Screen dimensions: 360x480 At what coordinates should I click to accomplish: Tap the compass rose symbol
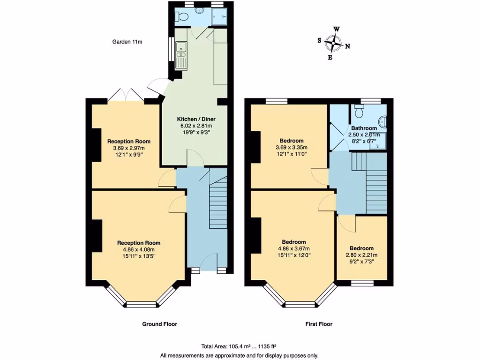pyautogui.click(x=333, y=43)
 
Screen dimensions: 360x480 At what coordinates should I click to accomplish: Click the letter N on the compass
pyautogui.click(x=347, y=46)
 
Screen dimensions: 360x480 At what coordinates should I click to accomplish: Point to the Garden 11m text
pyautogui.click(x=127, y=42)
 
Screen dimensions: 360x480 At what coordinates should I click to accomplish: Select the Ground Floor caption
pyautogui.click(x=159, y=324)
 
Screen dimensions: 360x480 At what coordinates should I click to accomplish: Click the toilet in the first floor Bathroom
pyautogui.click(x=360, y=111)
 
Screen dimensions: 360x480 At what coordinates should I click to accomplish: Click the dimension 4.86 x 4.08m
pyautogui.click(x=139, y=250)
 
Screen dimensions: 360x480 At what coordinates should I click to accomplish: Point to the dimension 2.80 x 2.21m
pyautogui.click(x=361, y=255)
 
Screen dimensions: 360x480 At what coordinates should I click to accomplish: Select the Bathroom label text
pyautogui.click(x=364, y=128)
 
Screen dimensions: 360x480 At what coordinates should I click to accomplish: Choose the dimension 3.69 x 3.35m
pyautogui.click(x=292, y=148)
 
